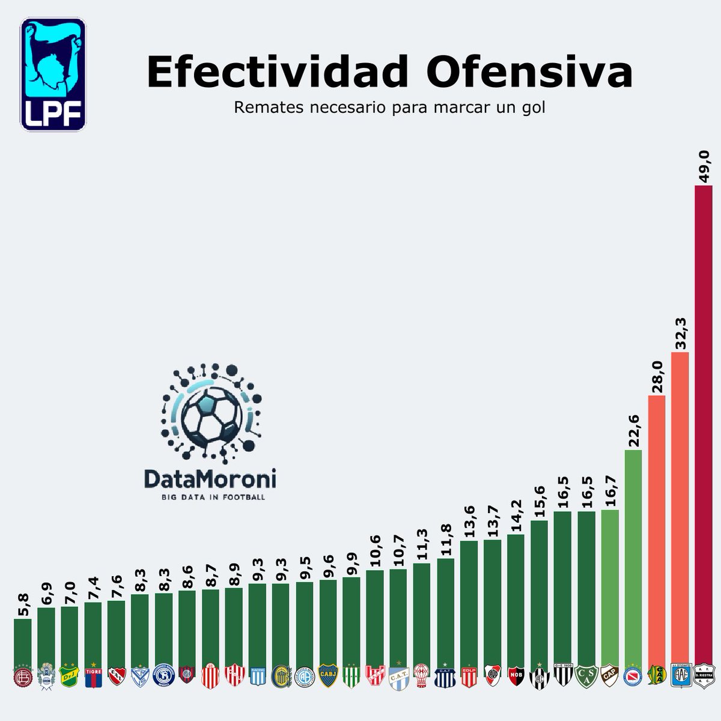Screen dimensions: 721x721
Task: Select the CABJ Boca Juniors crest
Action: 327,675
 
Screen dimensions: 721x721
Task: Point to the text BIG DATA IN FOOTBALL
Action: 210,497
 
